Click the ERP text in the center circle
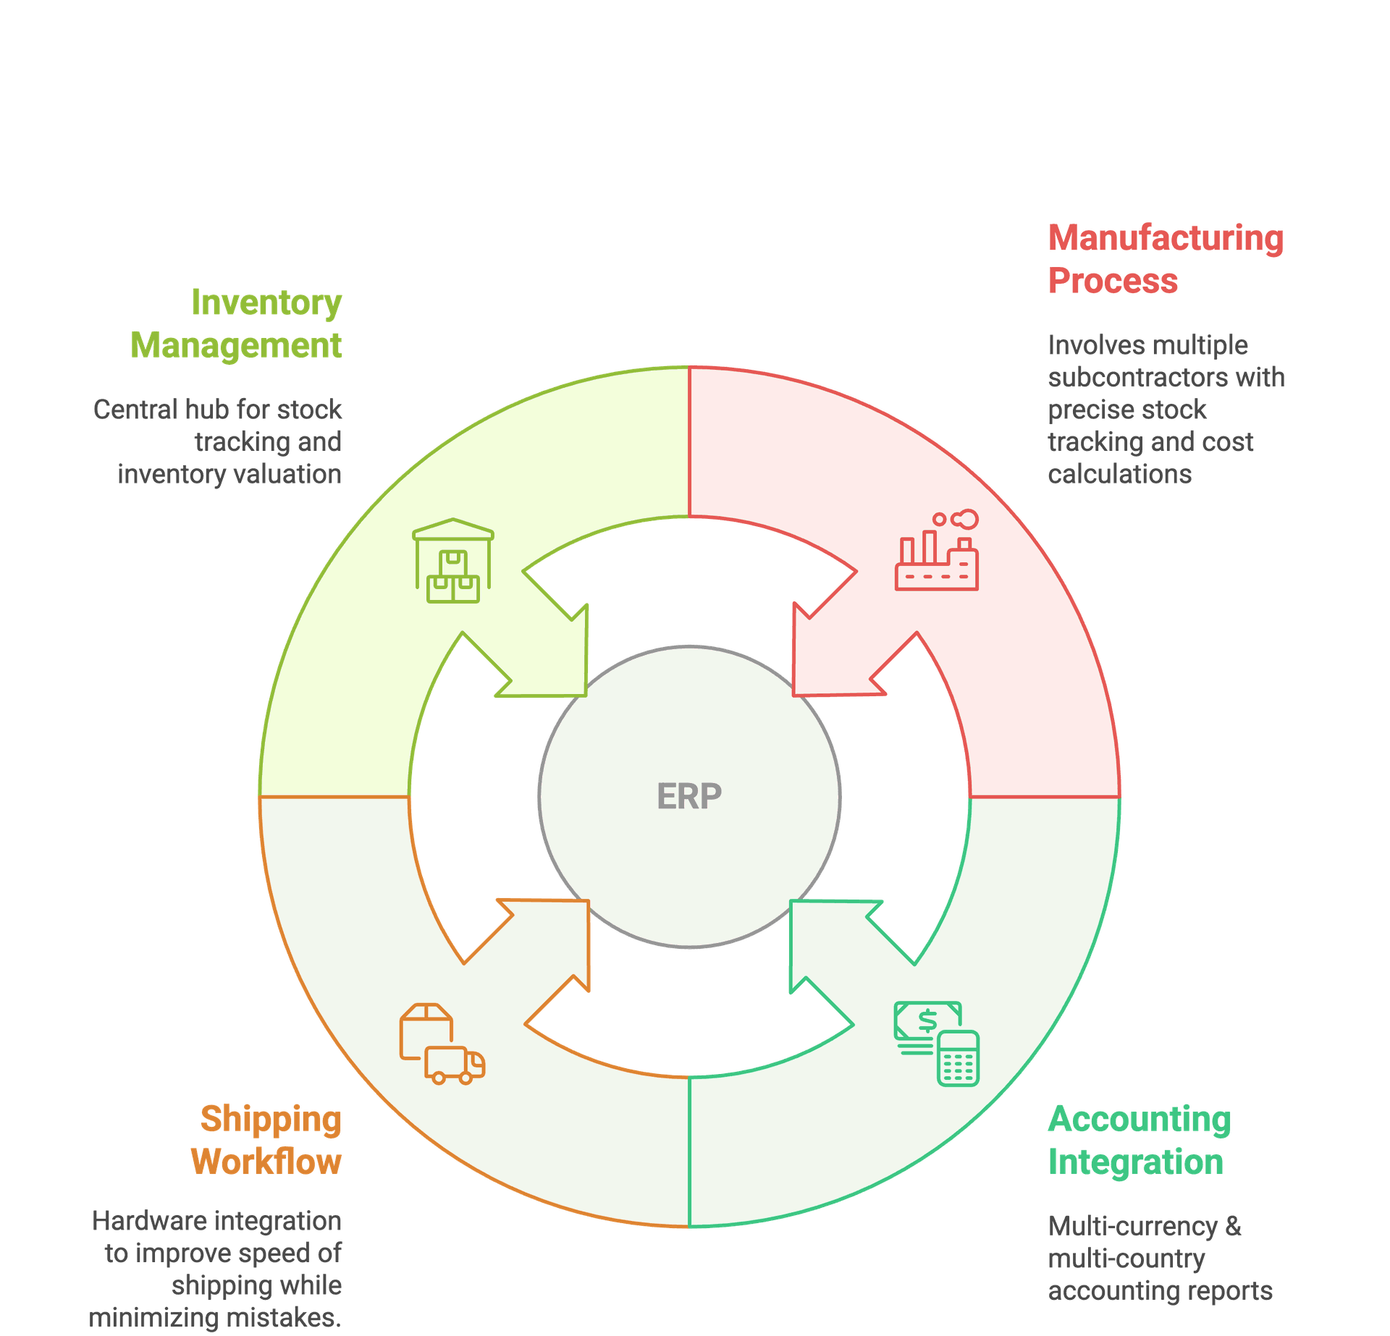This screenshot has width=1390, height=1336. [x=688, y=796]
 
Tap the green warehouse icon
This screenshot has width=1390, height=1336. [x=453, y=561]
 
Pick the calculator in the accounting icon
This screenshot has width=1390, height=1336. [x=958, y=1059]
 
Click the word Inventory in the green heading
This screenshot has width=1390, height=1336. [x=266, y=303]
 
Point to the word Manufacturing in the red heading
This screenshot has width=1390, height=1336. [x=1166, y=238]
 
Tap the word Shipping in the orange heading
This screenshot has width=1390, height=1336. [x=271, y=1119]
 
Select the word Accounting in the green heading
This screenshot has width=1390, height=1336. [x=1140, y=1119]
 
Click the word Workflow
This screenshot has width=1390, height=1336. [x=266, y=1162]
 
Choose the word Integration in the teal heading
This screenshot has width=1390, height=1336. [x=1136, y=1162]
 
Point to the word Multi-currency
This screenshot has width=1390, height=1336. [x=1134, y=1226]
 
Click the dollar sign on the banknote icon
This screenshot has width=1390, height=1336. [x=927, y=1021]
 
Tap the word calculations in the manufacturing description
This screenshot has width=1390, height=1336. [x=1119, y=474]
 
